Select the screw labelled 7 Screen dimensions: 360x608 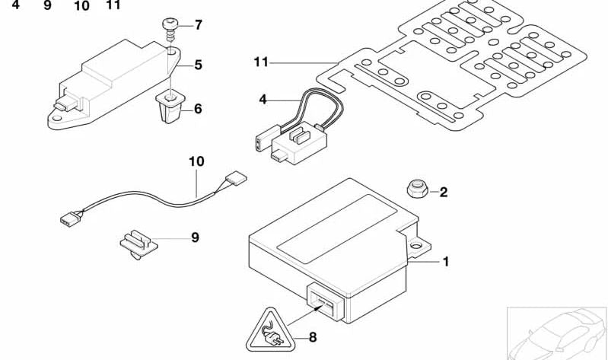coord(170,28)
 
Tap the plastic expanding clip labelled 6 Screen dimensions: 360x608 coord(168,107)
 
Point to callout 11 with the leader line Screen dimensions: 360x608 coord(261,62)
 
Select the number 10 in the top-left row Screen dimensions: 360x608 coord(82,6)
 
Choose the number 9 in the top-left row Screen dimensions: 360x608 coord(47,6)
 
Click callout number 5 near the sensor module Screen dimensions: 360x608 coord(198,65)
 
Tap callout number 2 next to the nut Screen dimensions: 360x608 coord(444,192)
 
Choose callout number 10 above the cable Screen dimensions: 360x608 coord(197,162)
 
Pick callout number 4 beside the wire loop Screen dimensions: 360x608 coord(263,100)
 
